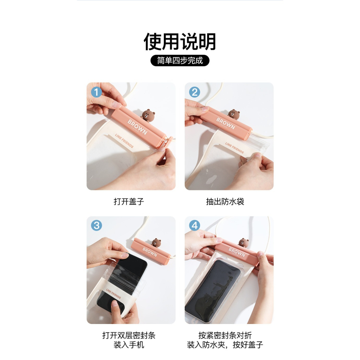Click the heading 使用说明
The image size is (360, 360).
point(180,42)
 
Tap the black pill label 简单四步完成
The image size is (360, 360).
point(180,60)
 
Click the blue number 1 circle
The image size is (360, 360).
point(96,92)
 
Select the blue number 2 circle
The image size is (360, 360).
point(194,92)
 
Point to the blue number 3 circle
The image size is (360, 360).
point(96,226)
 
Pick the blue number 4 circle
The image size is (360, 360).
point(194,226)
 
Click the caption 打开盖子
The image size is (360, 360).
point(129,202)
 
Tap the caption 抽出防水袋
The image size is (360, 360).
point(225,202)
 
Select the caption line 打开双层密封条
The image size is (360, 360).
point(129,336)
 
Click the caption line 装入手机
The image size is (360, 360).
point(129,345)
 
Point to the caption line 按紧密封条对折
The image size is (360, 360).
point(225,336)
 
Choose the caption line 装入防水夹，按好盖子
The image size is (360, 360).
point(225,345)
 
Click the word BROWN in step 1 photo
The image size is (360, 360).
point(137,126)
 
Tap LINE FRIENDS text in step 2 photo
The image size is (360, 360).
point(234,148)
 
